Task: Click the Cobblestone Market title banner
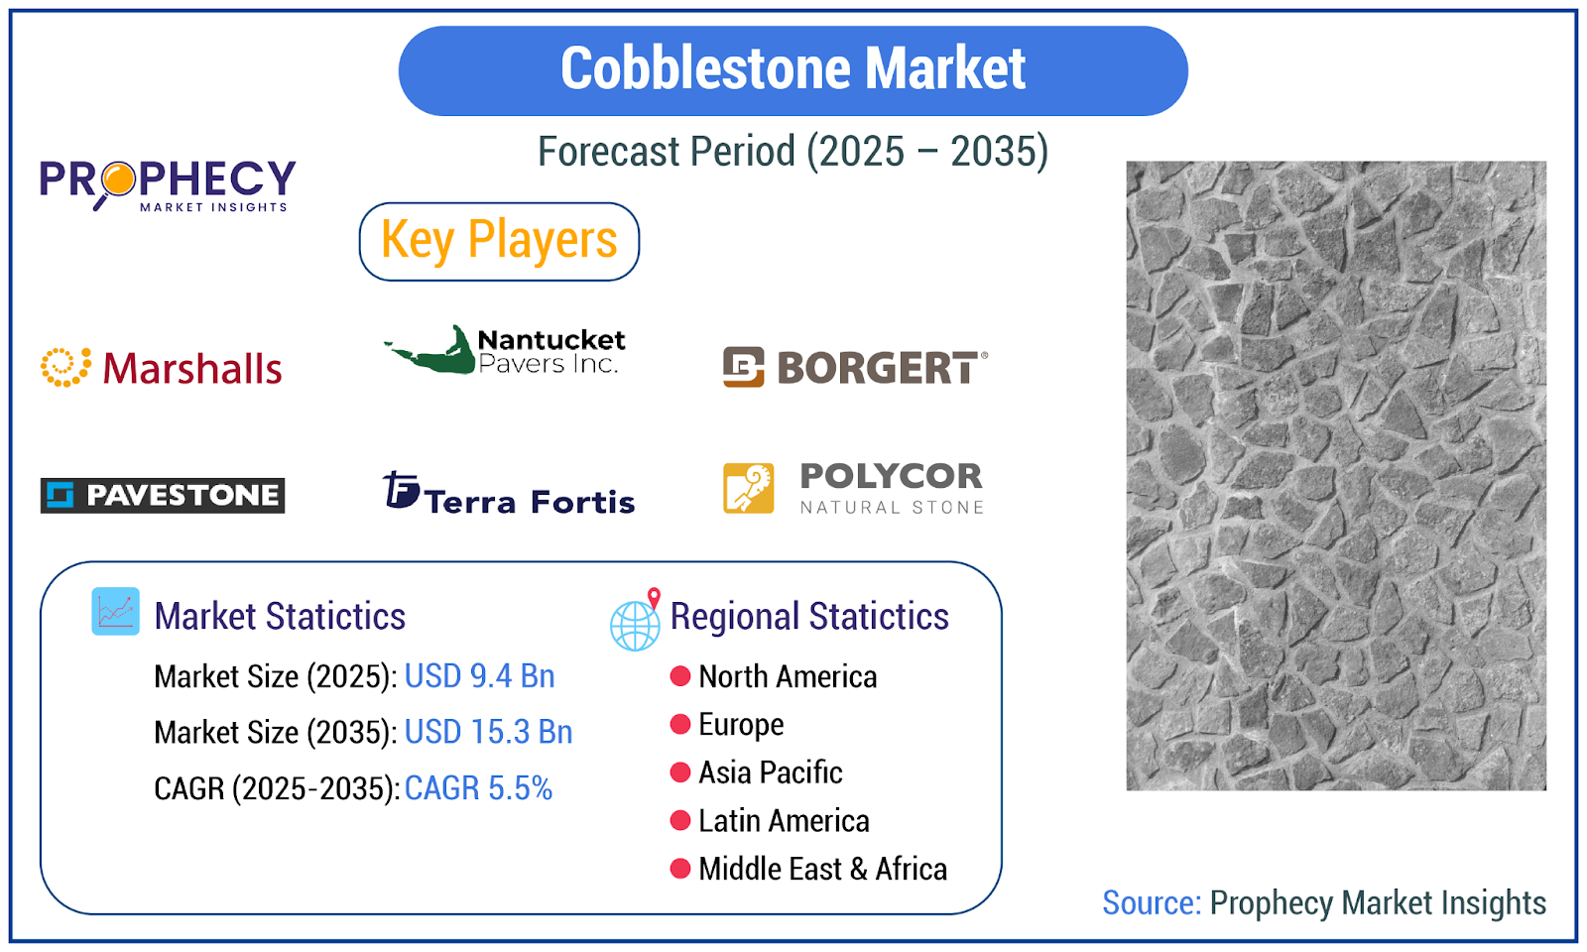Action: pos(793,70)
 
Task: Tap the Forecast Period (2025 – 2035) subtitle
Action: pos(793,152)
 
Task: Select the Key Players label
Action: pos(499,242)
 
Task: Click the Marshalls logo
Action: pos(162,368)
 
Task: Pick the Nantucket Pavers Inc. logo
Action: pos(505,350)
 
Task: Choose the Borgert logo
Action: pos(855,367)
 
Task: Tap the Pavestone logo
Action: pos(163,495)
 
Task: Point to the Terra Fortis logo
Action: pos(508,492)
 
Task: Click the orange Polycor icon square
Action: pos(748,488)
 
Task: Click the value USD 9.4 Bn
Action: pos(480,676)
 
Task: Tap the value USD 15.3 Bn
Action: pos(488,732)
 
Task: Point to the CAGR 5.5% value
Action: pos(478,788)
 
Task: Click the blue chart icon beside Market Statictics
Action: pos(115,611)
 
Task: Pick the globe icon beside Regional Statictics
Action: pos(635,621)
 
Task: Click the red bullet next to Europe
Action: pos(680,725)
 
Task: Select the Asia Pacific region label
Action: pos(771,773)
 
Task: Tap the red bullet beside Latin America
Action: pos(680,821)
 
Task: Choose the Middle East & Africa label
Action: pos(823,869)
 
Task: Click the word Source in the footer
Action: pos(1152,903)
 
